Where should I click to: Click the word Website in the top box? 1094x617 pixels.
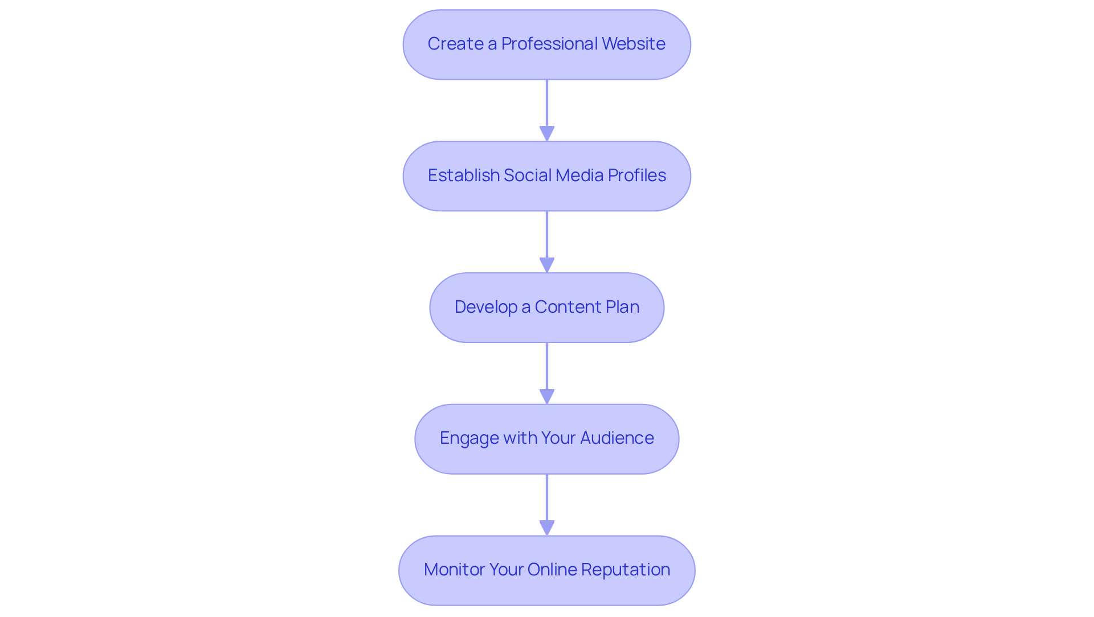(x=633, y=44)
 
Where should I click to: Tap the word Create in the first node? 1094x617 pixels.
(x=455, y=44)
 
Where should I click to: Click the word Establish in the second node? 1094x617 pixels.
(x=463, y=175)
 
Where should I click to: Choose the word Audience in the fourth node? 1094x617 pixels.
(x=617, y=438)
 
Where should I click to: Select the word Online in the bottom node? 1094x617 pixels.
(x=550, y=570)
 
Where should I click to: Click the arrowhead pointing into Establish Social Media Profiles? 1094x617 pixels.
(x=547, y=133)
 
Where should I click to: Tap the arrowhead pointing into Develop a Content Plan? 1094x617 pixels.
(x=547, y=265)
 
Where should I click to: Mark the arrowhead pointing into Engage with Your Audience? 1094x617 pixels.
(x=547, y=397)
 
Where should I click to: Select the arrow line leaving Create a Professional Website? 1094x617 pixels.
(x=547, y=103)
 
